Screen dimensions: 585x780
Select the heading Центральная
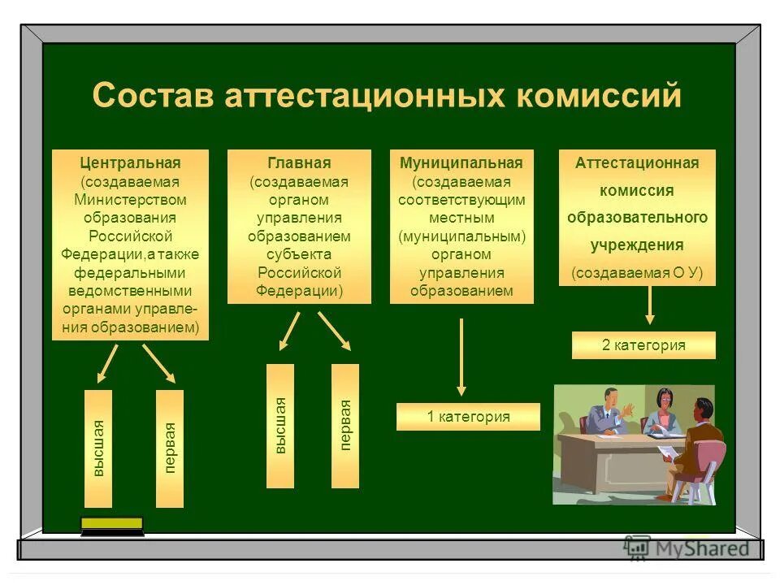(x=130, y=163)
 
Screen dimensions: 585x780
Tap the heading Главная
(x=299, y=163)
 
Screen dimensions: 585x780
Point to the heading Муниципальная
(x=461, y=163)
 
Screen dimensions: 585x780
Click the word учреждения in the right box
(x=637, y=245)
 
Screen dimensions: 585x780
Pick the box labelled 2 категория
(x=643, y=345)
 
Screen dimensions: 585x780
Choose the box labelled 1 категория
(x=468, y=417)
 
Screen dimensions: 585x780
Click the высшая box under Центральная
(x=98, y=448)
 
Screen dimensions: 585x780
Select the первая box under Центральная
(x=170, y=448)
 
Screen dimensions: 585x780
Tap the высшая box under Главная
(x=280, y=426)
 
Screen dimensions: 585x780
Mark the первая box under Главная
(x=345, y=426)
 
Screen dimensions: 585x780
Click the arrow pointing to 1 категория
(x=461, y=357)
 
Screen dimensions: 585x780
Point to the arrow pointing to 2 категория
(x=650, y=306)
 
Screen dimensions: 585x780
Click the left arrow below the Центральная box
(x=107, y=363)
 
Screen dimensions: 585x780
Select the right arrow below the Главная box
(x=334, y=331)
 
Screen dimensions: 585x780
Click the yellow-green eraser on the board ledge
(x=112, y=525)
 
